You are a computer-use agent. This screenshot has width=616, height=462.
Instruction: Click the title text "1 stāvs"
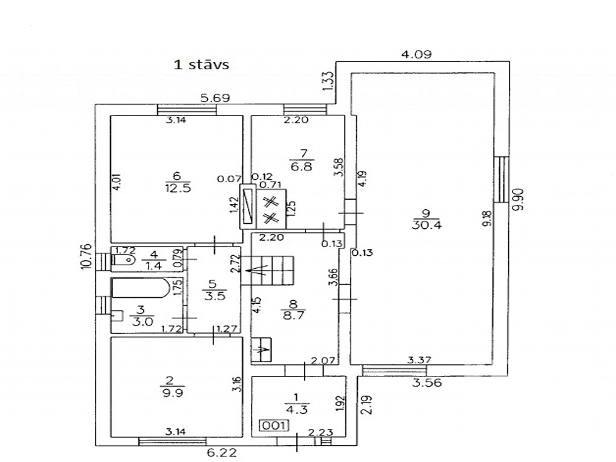(201, 65)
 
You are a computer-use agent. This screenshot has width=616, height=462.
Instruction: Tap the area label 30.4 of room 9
(425, 226)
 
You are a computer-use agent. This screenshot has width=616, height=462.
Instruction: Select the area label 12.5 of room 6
(176, 188)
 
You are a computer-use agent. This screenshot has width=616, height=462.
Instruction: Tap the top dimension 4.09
(416, 55)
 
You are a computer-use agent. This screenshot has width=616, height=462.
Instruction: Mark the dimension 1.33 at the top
(328, 81)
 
